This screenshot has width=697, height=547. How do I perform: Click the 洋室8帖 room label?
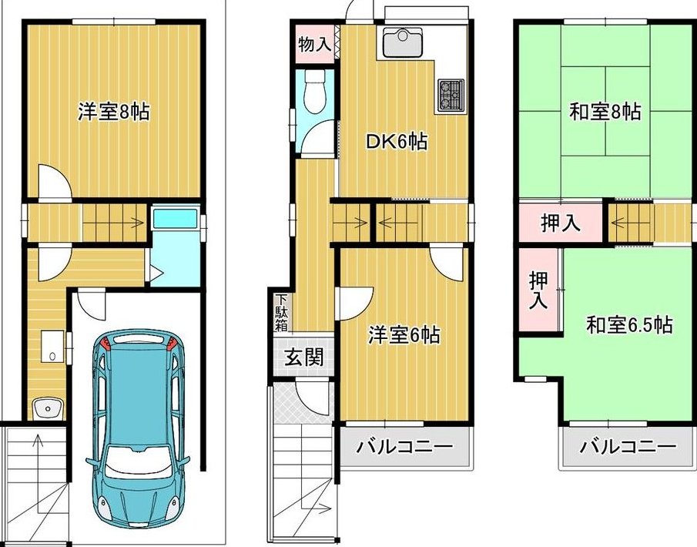(x=114, y=111)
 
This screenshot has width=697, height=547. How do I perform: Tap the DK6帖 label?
(x=397, y=142)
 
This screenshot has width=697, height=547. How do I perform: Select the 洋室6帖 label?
(x=404, y=335)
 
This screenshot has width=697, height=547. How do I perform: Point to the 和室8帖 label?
(x=605, y=112)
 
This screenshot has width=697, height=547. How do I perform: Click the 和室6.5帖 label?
(x=629, y=325)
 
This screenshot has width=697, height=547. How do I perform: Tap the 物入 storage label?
(x=315, y=45)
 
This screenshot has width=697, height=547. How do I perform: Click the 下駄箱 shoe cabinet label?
(x=281, y=313)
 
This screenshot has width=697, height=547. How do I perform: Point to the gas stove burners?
(x=451, y=96)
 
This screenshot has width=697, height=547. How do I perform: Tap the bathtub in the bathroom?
(x=176, y=218)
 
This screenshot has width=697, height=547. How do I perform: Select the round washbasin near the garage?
(x=47, y=408)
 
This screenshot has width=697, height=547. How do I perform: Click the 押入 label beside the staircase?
(x=561, y=223)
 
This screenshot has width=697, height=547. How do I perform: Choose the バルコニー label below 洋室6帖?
(x=404, y=446)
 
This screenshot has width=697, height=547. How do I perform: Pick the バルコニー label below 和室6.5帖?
(x=628, y=446)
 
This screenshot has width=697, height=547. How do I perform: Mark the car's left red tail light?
(x=105, y=342)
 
